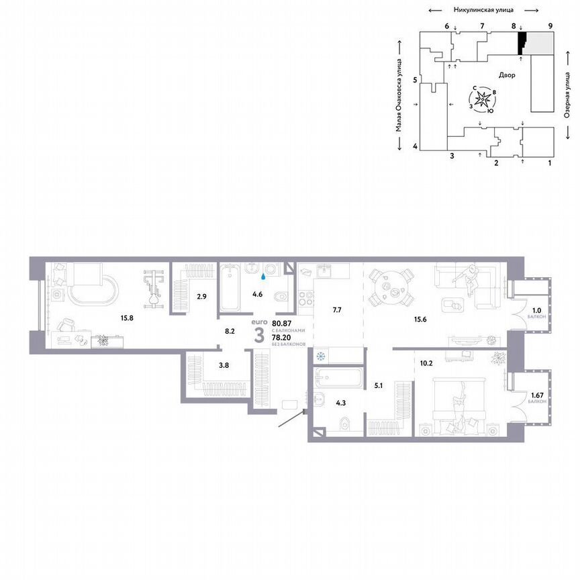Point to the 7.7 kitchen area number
pyautogui.click(x=337, y=309)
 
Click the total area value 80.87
pyautogui.click(x=282, y=324)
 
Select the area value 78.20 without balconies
pyautogui.click(x=281, y=338)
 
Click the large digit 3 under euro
pyautogui.click(x=259, y=336)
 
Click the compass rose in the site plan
pyautogui.click(x=483, y=99)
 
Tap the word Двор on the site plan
pyautogui.click(x=507, y=75)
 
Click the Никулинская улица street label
pyautogui.click(x=483, y=10)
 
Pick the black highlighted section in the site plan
pyautogui.click(x=520, y=44)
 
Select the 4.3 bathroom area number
pyautogui.click(x=342, y=403)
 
